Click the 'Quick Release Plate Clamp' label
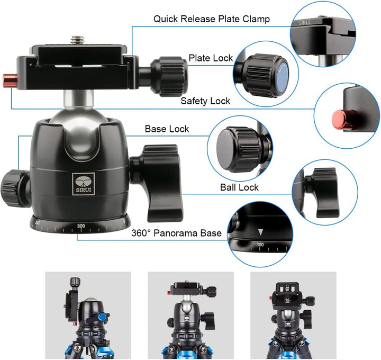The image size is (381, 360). (211, 19)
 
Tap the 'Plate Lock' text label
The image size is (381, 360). (211, 58)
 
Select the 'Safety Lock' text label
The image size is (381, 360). (205, 101)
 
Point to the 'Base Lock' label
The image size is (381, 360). (167, 129)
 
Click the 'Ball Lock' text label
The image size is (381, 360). (239, 187)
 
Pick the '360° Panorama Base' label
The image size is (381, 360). (176, 233)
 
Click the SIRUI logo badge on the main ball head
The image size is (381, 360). (84, 184)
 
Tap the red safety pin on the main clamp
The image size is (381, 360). (10, 80)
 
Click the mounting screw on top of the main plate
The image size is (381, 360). (77, 40)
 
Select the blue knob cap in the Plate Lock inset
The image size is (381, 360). (282, 77)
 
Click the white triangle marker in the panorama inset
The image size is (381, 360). (260, 232)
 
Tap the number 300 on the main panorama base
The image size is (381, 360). (81, 226)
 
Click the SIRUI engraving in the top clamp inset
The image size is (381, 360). (305, 23)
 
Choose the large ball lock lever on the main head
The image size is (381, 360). (157, 183)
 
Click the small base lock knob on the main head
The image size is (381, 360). (15, 188)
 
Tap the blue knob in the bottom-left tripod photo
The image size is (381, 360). (103, 317)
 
